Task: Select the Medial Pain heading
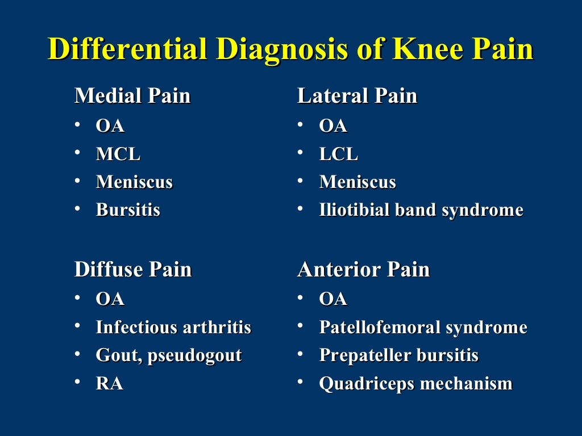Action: (132, 96)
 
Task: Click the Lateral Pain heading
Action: (357, 96)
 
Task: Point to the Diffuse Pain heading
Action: (133, 269)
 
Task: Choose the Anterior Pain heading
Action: (363, 269)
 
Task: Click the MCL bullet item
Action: (118, 154)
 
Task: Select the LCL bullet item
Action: (339, 154)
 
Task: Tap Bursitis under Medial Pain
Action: (128, 210)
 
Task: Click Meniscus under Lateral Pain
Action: (357, 182)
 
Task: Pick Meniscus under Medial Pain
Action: (134, 182)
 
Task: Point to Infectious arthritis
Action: (173, 328)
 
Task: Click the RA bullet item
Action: (110, 384)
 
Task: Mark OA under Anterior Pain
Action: (333, 299)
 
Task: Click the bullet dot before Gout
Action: (77, 354)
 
